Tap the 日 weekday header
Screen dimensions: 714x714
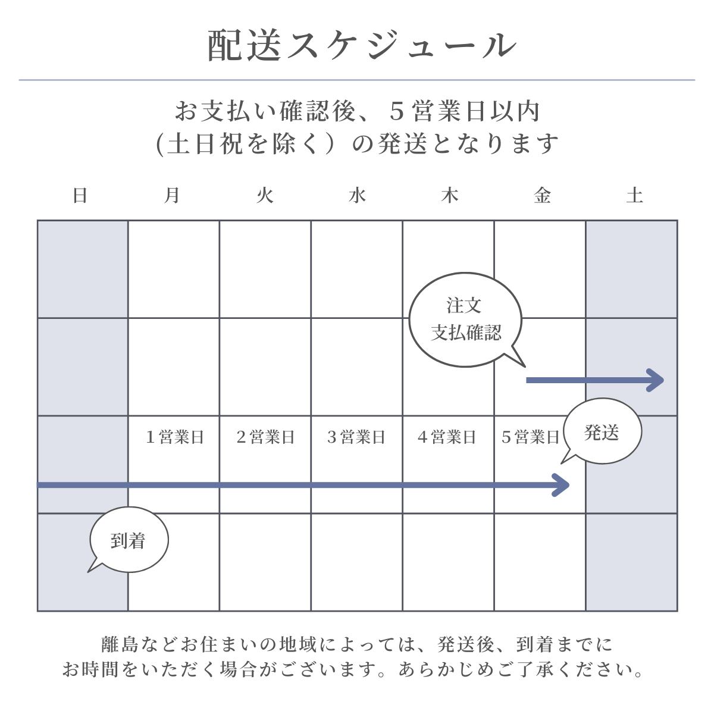[x=80, y=195]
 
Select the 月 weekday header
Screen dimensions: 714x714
[x=172, y=195]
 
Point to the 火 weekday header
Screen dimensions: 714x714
[x=265, y=195]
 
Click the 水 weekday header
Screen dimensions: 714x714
[x=357, y=195]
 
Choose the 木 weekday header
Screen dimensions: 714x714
[x=449, y=195]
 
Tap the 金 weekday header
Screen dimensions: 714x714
[x=541, y=195]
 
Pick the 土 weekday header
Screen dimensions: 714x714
[x=634, y=195]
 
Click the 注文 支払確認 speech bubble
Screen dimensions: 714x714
[x=465, y=320]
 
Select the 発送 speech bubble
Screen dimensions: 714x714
[x=602, y=432]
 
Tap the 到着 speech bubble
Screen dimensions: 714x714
[x=129, y=540]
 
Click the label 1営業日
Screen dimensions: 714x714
[x=174, y=437]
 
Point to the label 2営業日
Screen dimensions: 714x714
[x=265, y=437]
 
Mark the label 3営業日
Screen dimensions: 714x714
[x=356, y=437]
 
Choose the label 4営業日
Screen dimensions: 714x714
[x=447, y=437]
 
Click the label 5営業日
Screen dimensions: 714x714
[x=530, y=437]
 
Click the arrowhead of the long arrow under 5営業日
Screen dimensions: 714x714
[x=562, y=485]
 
